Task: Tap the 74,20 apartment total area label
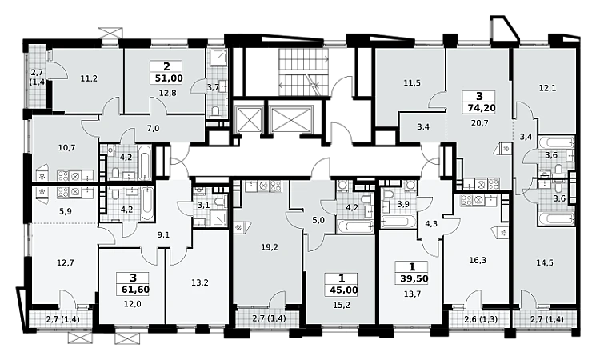click(x=482, y=108)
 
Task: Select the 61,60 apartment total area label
click(x=136, y=290)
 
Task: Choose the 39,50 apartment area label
click(x=414, y=278)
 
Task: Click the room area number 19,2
click(x=270, y=247)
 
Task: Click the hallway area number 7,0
click(x=153, y=129)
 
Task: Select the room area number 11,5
click(x=412, y=83)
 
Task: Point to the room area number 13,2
click(x=200, y=282)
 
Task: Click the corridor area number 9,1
click(x=163, y=235)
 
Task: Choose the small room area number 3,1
click(x=204, y=206)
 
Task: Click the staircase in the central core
click(x=304, y=72)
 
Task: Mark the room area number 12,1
click(x=547, y=88)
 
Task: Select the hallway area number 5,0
click(x=318, y=221)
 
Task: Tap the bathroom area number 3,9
click(x=402, y=205)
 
